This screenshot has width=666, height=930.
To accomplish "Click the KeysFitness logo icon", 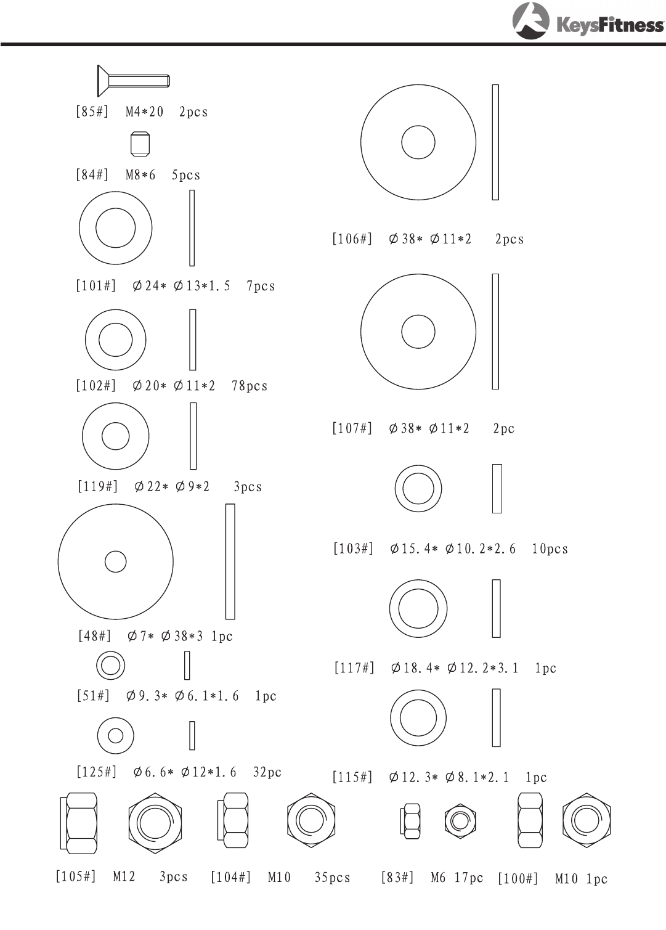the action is (530, 21).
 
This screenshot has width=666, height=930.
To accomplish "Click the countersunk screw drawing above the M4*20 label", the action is (133, 81).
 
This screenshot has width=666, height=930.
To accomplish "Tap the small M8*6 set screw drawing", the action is (140, 144).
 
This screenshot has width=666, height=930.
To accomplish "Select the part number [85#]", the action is (92, 112).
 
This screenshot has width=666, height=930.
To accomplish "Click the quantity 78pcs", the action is (250, 386).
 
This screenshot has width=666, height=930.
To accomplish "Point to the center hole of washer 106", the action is (418, 142).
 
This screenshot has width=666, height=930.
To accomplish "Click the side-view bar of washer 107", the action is (495, 332).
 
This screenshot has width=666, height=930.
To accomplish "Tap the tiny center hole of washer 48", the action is (115, 561).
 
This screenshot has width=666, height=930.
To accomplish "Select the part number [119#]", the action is (97, 486).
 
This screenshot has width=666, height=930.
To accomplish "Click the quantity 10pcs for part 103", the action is (550, 549).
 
